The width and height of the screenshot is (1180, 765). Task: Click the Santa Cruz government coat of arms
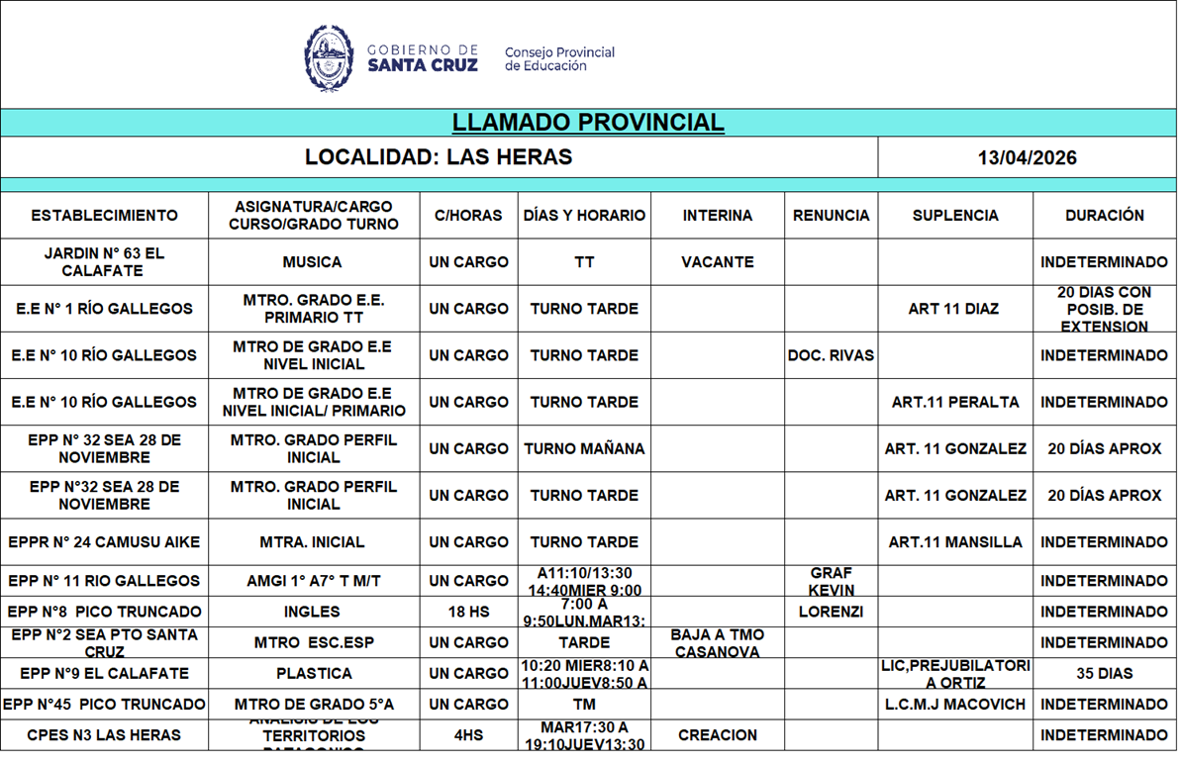pyautogui.click(x=329, y=58)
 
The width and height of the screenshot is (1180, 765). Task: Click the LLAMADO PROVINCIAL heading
pyautogui.click(x=588, y=123)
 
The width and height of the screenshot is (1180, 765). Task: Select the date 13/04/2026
pyautogui.click(x=1027, y=158)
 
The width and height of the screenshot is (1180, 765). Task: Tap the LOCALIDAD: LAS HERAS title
pyautogui.click(x=439, y=157)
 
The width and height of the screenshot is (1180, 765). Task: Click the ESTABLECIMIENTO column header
pyautogui.click(x=104, y=216)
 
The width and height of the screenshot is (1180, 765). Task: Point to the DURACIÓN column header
pyautogui.click(x=1104, y=216)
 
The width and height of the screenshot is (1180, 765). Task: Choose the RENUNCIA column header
pyautogui.click(x=831, y=216)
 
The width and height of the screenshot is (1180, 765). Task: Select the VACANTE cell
pyautogui.click(x=717, y=262)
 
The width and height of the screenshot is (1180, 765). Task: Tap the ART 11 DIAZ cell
pyautogui.click(x=953, y=309)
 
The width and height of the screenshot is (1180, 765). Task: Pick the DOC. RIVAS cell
pyautogui.click(x=831, y=355)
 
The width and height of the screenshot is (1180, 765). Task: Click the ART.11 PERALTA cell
pyautogui.click(x=954, y=402)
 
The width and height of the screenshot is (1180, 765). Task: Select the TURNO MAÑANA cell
pyautogui.click(x=584, y=448)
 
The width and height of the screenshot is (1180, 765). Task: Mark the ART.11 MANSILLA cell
pyautogui.click(x=954, y=542)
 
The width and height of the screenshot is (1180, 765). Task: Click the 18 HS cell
pyautogui.click(x=468, y=612)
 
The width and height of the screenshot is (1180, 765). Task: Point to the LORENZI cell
pyautogui.click(x=831, y=612)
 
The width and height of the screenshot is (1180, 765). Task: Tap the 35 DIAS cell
pyautogui.click(x=1104, y=673)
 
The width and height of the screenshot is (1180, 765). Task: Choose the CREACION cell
pyautogui.click(x=717, y=735)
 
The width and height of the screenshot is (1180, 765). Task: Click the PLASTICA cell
pyautogui.click(x=314, y=673)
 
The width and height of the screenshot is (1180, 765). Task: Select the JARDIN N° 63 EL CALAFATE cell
pyautogui.click(x=104, y=262)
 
